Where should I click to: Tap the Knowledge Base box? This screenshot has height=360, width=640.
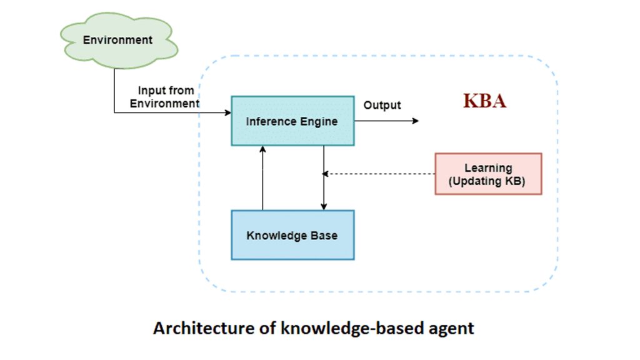(x=292, y=235)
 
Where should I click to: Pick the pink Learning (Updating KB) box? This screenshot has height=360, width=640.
(x=488, y=174)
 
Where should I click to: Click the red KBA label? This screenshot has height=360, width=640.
(x=484, y=101)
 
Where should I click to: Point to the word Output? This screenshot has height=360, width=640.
(x=382, y=105)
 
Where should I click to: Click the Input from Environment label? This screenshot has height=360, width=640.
(x=165, y=97)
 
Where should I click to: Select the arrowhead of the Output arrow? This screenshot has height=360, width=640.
(x=416, y=121)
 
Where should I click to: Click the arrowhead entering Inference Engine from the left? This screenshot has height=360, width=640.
(x=227, y=113)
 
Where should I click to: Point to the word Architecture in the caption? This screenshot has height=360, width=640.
(x=192, y=327)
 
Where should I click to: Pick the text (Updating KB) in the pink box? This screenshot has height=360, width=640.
(x=488, y=181)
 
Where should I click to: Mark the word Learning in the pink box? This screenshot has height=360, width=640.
(x=488, y=168)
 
